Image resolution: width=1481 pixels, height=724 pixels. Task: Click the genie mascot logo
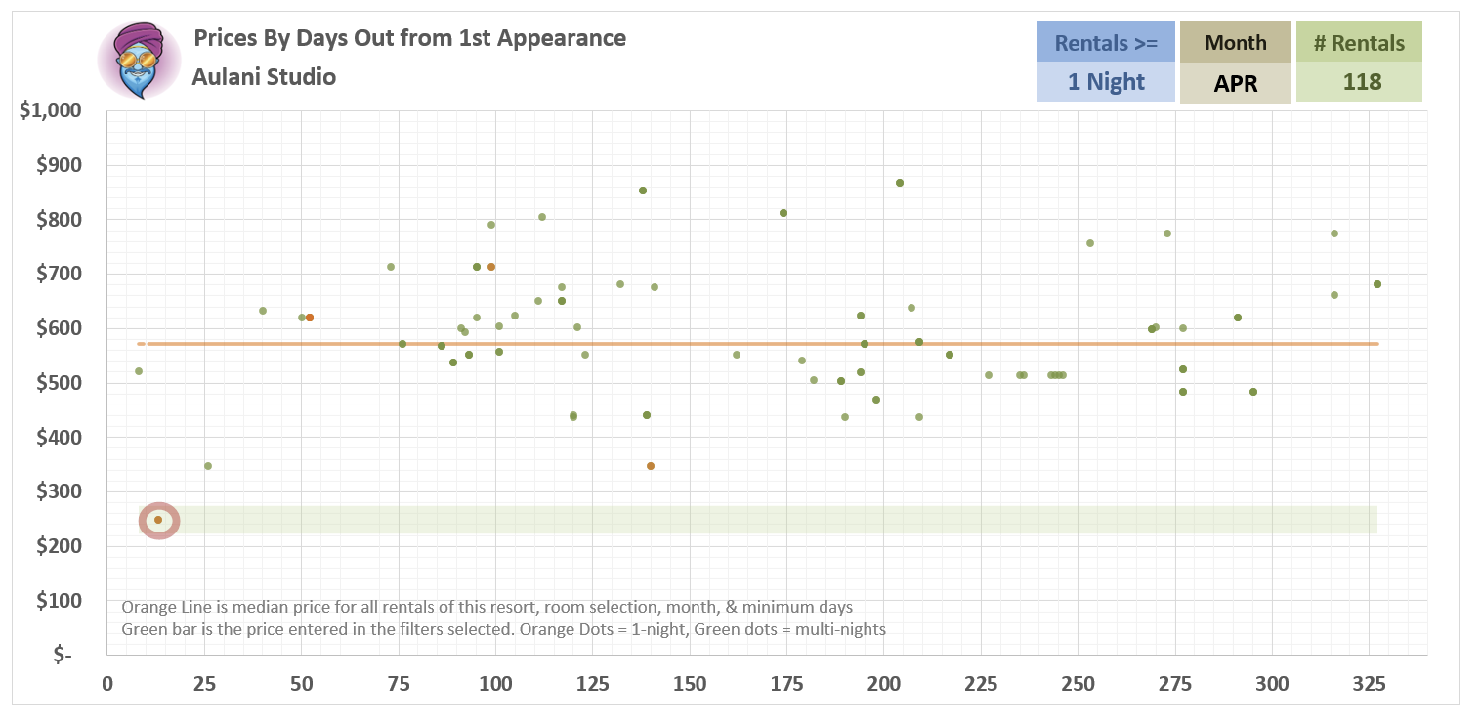click(x=139, y=60)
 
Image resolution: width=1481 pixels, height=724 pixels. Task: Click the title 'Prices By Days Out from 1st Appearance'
click(x=409, y=38)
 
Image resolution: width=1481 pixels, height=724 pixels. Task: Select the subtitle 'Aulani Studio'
click(x=264, y=77)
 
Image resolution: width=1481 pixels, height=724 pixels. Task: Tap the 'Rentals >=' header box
click(x=1106, y=43)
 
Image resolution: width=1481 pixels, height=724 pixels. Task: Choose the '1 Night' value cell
click(x=1106, y=82)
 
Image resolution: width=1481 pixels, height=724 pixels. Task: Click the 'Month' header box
click(x=1236, y=43)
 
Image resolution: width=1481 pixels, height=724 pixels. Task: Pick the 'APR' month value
click(x=1236, y=83)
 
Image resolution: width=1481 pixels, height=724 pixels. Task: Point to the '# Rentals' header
click(x=1359, y=43)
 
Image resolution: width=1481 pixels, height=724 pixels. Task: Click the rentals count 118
click(x=1359, y=82)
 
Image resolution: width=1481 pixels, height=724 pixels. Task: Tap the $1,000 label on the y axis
click(x=52, y=110)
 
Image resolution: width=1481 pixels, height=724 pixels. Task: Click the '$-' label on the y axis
click(x=63, y=656)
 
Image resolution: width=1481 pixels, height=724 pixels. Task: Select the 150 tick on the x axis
click(x=690, y=684)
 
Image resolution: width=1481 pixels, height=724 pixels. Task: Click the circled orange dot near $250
click(x=158, y=520)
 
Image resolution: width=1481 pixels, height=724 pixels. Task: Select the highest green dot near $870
click(x=900, y=183)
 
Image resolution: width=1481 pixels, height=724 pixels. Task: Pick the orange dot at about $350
click(x=651, y=466)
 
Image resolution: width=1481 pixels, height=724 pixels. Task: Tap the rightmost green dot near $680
click(x=1377, y=284)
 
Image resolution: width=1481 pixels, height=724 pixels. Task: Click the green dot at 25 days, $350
click(x=208, y=466)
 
